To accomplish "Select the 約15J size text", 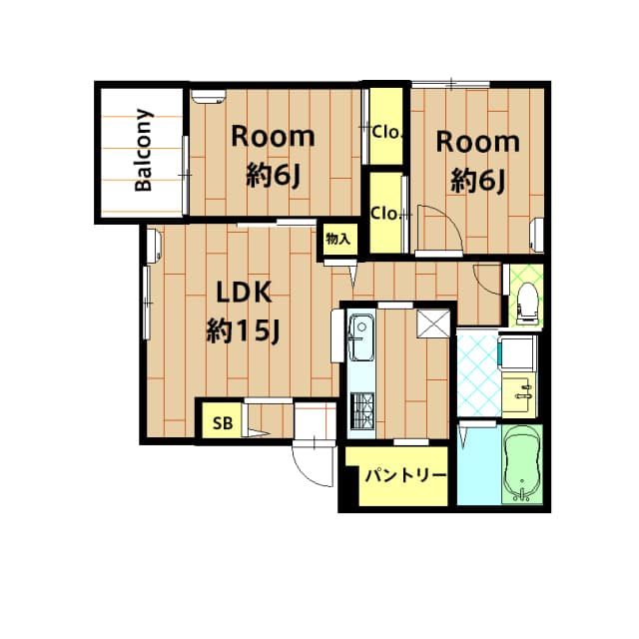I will click(x=241, y=331).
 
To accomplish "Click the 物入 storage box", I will click(x=338, y=239).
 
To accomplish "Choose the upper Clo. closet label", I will click(x=385, y=130).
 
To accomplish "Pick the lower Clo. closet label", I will click(x=385, y=213).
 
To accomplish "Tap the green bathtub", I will click(x=520, y=464).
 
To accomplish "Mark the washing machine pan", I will click(x=516, y=353).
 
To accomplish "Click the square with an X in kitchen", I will click(x=433, y=323).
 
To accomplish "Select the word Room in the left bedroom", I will click(x=273, y=137).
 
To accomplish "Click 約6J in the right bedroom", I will click(x=477, y=181).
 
